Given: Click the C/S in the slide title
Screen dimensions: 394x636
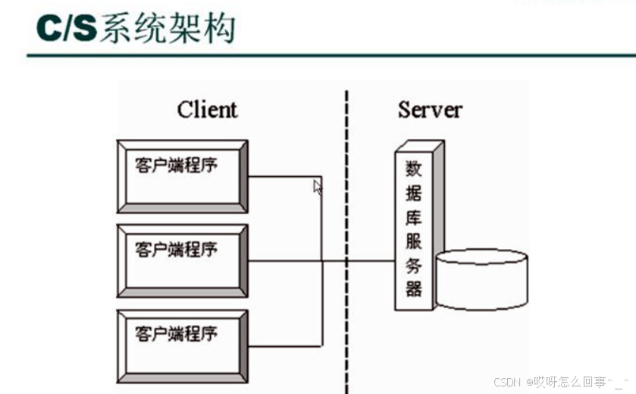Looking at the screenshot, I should tap(66, 27).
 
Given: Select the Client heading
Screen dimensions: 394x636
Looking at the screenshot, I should tap(207, 109).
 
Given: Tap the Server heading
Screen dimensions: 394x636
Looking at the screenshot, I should tap(430, 109).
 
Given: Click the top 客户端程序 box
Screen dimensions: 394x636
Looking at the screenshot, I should tap(182, 175).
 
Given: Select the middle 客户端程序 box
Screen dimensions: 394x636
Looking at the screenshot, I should tap(182, 260).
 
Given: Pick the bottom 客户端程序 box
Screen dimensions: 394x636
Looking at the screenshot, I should tap(182, 345).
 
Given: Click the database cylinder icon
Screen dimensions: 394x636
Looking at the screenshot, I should tap(481, 279).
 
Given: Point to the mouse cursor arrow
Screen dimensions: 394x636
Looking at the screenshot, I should tap(318, 187).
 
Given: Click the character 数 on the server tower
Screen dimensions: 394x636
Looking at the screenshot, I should tap(414, 168).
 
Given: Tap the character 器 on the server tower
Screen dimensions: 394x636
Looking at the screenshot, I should tap(414, 288).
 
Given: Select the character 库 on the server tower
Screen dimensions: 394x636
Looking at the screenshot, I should tap(414, 217).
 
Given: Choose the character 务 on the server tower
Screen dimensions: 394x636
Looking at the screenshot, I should tap(414, 265).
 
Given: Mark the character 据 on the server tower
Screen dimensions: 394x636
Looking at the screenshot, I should tap(414, 193).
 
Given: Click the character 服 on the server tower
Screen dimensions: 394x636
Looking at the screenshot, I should tap(414, 241).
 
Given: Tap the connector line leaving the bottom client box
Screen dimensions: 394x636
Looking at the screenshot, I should tap(284, 346).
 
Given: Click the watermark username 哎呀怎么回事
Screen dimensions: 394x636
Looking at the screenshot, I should tap(566, 382).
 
